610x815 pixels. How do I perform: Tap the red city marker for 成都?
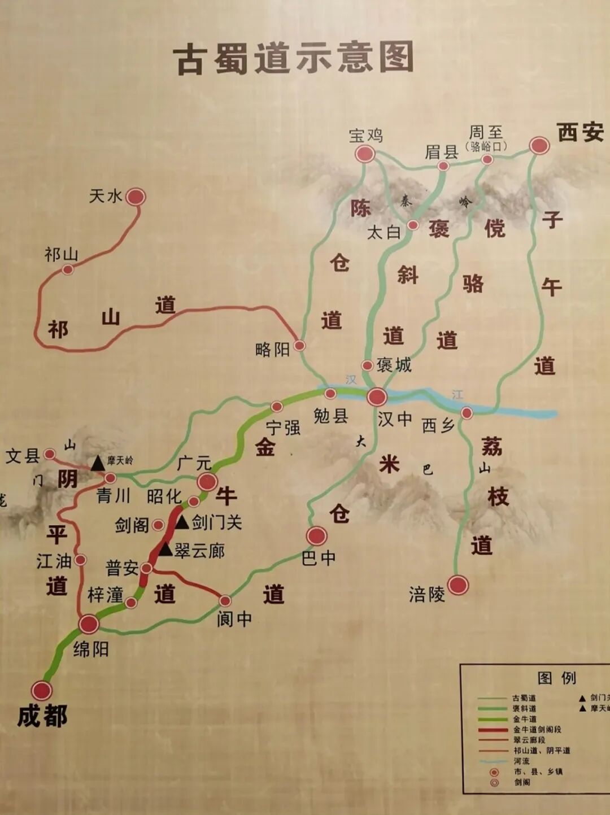tap(42, 690)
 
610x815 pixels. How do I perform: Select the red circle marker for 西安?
tap(539, 146)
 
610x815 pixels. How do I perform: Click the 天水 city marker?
tap(136, 197)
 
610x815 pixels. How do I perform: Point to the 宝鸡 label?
tap(365, 136)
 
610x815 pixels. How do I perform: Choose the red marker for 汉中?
tap(377, 397)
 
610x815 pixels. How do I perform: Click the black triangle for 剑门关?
tap(182, 522)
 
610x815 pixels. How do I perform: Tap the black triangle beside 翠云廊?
tap(165, 549)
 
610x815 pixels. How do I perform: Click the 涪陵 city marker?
tap(458, 585)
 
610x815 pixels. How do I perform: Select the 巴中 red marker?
tap(317, 536)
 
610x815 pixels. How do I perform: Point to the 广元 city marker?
tap(207, 482)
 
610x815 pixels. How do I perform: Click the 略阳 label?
tap(272, 350)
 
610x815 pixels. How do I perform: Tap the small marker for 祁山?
tap(68, 269)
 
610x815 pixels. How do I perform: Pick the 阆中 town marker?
tap(225, 600)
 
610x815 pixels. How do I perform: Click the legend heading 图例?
tap(556, 678)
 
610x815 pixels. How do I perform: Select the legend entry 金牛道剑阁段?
tap(537, 729)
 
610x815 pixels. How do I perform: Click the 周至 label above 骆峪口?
tap(486, 132)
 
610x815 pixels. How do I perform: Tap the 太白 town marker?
tap(413, 225)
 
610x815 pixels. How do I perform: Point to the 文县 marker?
tap(50, 454)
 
